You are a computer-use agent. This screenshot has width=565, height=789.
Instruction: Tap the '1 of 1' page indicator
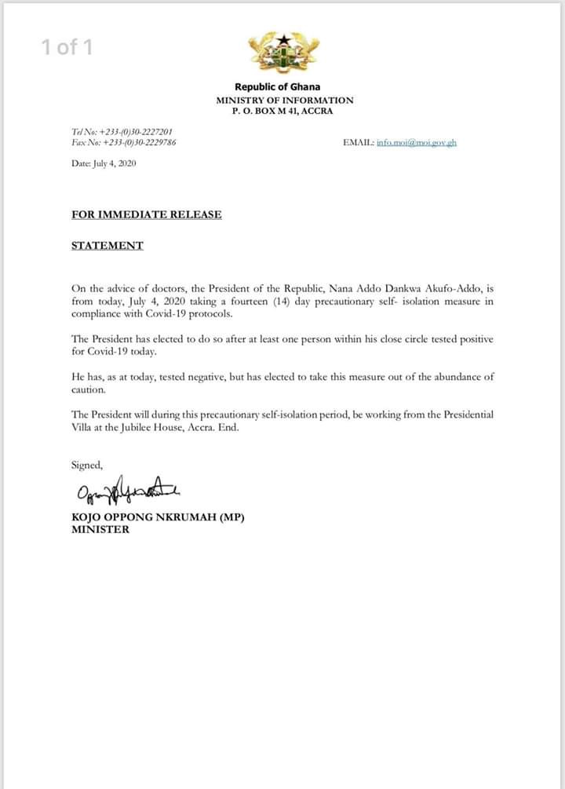[x=67, y=47]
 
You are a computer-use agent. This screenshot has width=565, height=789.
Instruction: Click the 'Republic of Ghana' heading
[x=278, y=87]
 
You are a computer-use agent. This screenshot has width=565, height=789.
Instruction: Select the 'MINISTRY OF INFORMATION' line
[x=285, y=100]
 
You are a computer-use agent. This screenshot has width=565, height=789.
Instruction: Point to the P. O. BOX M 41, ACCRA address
[x=285, y=111]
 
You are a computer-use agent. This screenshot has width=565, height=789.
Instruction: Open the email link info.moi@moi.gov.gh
[x=416, y=143]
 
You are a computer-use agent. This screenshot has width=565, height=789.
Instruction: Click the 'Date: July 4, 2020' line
[x=104, y=163]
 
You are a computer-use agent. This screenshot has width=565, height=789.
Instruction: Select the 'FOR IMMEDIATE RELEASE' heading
[x=147, y=214]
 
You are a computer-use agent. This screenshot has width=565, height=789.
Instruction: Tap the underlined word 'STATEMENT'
[x=108, y=245]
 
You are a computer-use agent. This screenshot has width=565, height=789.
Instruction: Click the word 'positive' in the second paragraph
[x=474, y=338]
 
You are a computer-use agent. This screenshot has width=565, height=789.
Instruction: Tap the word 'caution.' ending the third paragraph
[x=88, y=389]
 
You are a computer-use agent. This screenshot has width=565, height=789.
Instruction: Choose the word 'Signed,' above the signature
[x=87, y=465]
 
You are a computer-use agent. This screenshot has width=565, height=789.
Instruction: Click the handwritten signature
[x=128, y=493]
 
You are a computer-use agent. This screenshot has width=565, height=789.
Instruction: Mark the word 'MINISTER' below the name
[x=100, y=529]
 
